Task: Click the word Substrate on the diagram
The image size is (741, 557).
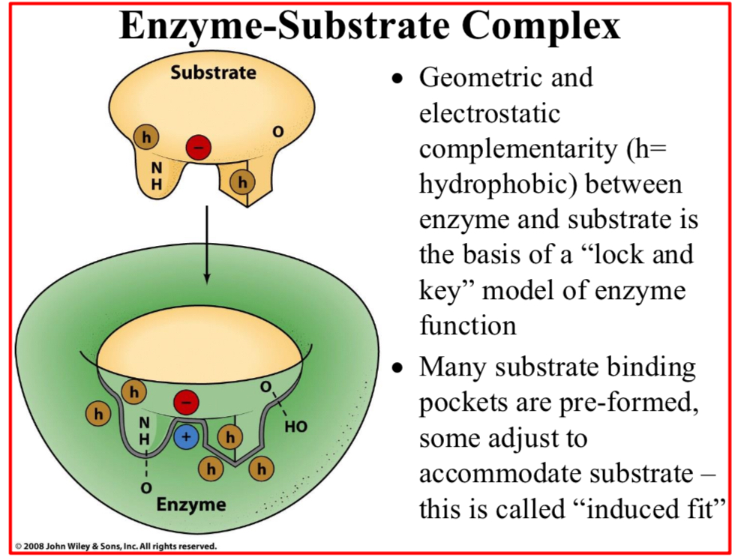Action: [212, 73]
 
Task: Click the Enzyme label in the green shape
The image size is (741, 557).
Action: [190, 504]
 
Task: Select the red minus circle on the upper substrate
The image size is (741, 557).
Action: [199, 147]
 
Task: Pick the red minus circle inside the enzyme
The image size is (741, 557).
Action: [185, 403]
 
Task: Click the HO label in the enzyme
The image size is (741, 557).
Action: [296, 428]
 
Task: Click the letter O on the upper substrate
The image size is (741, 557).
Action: [278, 132]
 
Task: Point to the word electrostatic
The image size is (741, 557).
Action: [490, 113]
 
